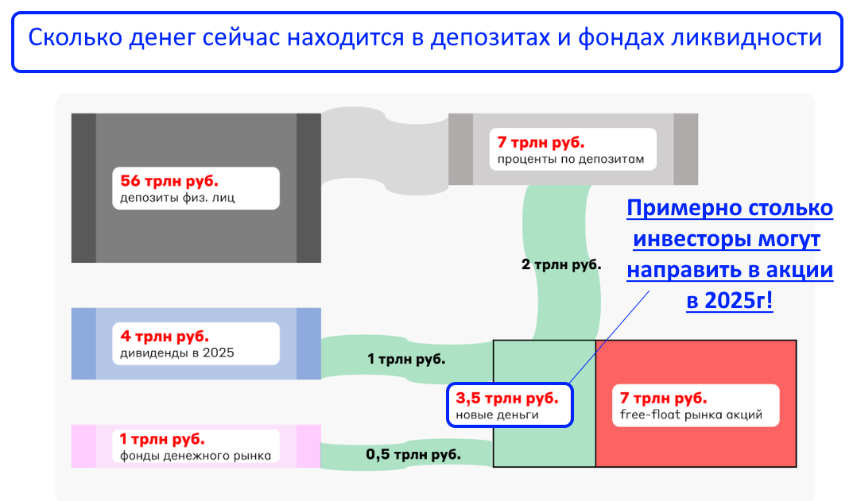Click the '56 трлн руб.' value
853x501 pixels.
(169, 180)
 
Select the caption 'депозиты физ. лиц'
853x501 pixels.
(177, 197)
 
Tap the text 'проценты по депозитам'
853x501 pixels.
(571, 160)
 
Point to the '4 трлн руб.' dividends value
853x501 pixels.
(165, 337)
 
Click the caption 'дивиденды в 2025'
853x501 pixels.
(176, 353)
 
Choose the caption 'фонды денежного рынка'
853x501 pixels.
(196, 456)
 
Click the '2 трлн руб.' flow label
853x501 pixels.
(561, 264)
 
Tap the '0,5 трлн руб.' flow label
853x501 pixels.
(413, 454)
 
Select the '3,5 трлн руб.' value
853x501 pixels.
(507, 399)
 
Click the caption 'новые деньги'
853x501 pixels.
(497, 414)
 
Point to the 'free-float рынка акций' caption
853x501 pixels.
(691, 414)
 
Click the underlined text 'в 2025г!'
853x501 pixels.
(730, 300)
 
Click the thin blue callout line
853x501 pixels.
(609, 337)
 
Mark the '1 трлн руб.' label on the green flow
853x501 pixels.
(406, 359)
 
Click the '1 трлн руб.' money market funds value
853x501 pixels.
(162, 438)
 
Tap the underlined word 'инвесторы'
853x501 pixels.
(690, 239)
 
